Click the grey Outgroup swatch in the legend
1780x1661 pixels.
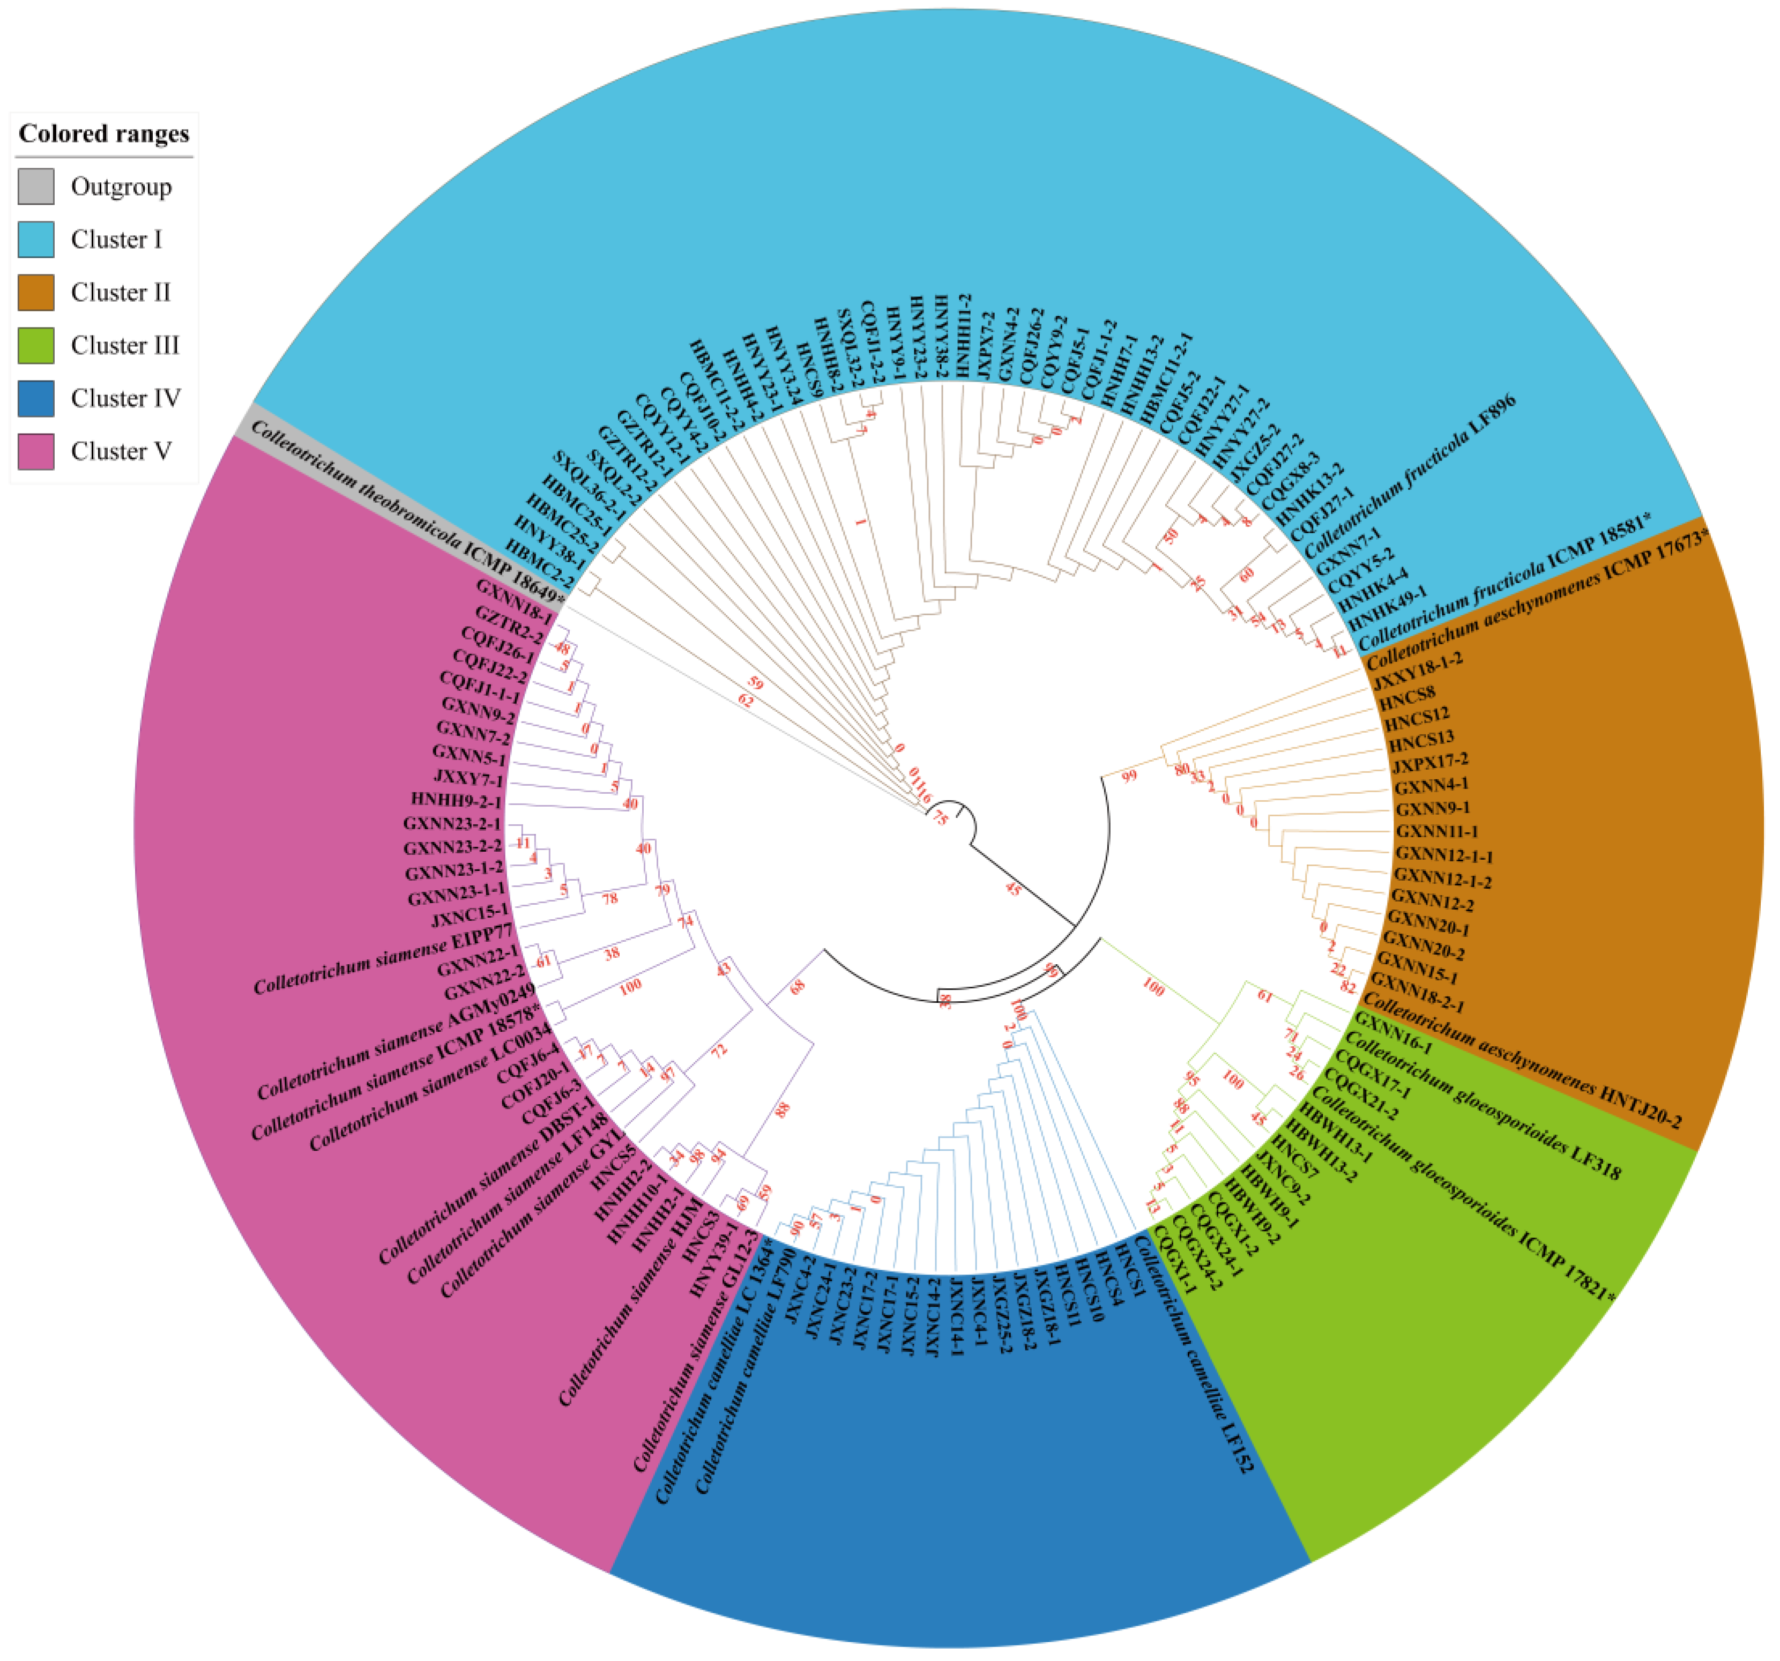pyautogui.click(x=36, y=186)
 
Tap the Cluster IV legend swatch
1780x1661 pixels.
pyautogui.click(x=36, y=398)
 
